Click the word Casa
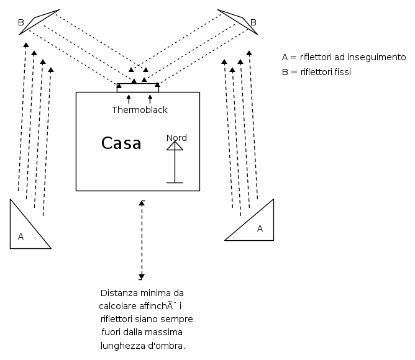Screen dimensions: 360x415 tap(121, 144)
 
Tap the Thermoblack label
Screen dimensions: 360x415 tap(140, 110)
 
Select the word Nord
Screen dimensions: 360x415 tap(176, 138)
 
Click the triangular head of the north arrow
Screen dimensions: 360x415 tap(175, 146)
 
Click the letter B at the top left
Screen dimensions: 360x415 tap(21, 23)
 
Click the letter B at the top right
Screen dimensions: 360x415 tap(253, 23)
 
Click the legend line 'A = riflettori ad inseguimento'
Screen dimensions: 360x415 tap(344, 57)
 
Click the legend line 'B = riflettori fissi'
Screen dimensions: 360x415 tap(316, 72)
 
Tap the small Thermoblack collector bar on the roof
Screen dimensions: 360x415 tap(138, 87)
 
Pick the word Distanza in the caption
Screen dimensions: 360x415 tap(117, 292)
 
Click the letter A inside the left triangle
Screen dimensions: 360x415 tap(21, 236)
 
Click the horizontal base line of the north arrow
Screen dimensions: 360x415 tap(175, 182)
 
